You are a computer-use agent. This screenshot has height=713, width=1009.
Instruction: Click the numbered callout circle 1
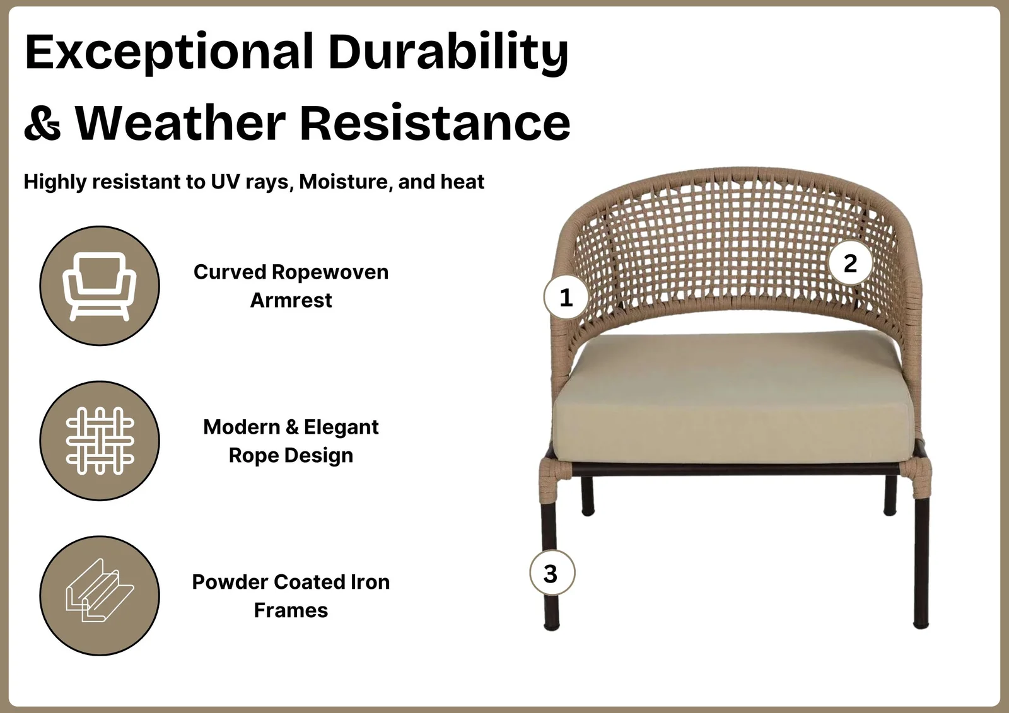tap(566, 298)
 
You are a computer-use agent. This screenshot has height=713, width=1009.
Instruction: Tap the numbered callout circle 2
tap(850, 263)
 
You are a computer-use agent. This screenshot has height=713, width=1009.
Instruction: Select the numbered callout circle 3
tap(552, 573)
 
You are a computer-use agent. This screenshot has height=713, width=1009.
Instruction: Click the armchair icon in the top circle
tap(100, 286)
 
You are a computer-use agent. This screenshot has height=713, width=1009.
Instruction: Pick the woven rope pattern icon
tap(100, 441)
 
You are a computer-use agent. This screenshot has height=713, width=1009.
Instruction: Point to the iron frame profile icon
tap(100, 590)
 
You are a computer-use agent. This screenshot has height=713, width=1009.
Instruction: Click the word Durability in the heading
tap(448, 53)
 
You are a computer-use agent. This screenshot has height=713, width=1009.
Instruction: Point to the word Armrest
tap(291, 301)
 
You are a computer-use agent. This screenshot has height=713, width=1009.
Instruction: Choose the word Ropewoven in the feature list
tap(330, 272)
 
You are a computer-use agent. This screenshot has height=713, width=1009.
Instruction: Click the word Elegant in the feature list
tap(341, 427)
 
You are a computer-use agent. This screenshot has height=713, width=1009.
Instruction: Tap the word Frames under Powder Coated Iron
tap(291, 611)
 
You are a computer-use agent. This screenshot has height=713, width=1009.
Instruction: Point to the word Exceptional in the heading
tap(169, 53)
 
